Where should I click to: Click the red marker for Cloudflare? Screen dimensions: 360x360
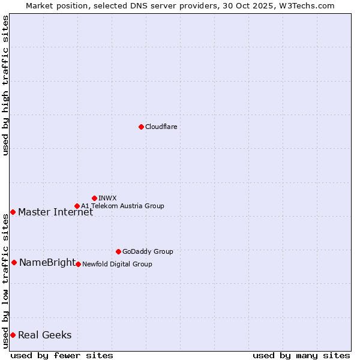click(141, 127)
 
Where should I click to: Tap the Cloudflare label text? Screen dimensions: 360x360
click(161, 127)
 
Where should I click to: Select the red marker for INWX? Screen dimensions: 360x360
click(94, 198)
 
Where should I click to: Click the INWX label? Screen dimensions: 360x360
click(107, 198)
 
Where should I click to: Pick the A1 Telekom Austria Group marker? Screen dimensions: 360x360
click(77, 206)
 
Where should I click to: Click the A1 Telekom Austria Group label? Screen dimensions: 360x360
click(122, 206)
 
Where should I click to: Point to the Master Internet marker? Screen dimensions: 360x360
click(13, 212)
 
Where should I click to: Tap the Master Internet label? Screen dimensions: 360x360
click(55, 212)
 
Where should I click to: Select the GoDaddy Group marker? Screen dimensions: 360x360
click(118, 251)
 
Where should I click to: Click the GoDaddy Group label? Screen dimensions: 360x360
click(148, 251)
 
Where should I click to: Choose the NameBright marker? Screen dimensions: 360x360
click(14, 262)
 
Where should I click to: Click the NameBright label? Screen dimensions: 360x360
click(47, 262)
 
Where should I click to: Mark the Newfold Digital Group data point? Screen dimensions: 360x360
click(78, 264)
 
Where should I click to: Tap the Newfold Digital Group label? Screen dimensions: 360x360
click(117, 264)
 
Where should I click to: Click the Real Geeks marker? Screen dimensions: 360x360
click(13, 335)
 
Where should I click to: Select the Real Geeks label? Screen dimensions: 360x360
click(44, 335)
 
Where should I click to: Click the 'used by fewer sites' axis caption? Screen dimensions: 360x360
click(62, 355)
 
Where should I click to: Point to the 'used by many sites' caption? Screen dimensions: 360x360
click(301, 355)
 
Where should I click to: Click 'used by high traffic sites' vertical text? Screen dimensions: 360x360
click(5, 85)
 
